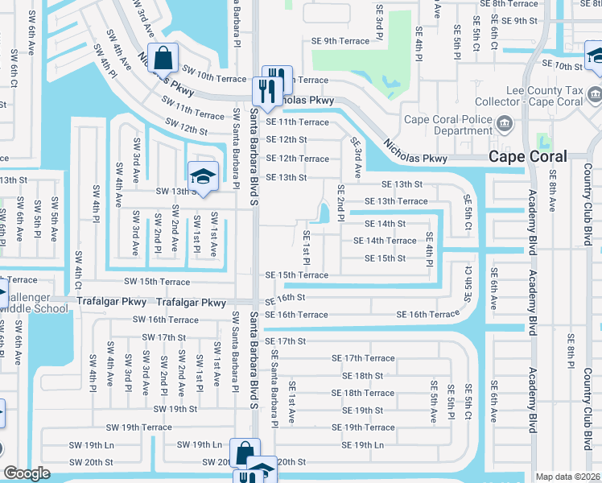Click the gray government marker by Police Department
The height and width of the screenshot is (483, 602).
[x=505, y=124]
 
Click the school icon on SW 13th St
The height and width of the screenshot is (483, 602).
[x=203, y=176]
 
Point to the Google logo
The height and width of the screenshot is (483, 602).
[x=27, y=473]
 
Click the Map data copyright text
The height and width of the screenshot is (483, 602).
[x=567, y=477]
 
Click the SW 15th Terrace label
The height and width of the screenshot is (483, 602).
[x=156, y=283]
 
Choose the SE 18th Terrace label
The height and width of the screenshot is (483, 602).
[x=363, y=393]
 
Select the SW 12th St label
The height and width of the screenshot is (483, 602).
[x=186, y=126]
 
